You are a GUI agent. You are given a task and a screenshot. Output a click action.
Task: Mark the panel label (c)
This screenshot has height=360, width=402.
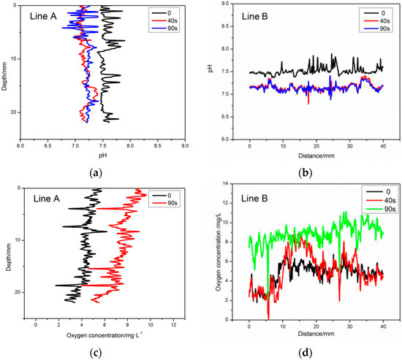tap(102, 351)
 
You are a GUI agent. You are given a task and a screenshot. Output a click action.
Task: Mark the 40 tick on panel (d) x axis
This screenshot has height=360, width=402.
tap(382, 328)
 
